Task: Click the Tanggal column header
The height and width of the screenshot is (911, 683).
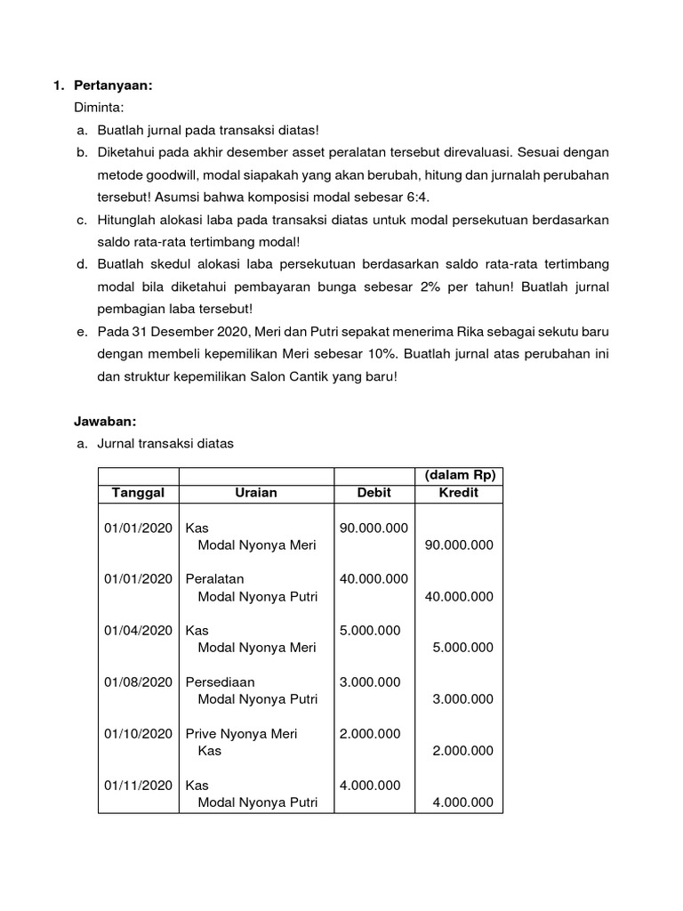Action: click(x=138, y=493)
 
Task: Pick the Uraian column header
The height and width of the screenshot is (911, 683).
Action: click(x=256, y=493)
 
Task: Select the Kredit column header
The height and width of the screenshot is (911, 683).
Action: click(x=459, y=493)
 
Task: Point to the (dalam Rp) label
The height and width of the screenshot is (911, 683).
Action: click(x=459, y=476)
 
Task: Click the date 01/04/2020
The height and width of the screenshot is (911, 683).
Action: click(x=138, y=630)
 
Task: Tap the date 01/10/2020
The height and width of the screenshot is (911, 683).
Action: click(x=138, y=733)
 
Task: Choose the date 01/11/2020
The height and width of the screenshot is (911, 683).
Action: click(x=138, y=785)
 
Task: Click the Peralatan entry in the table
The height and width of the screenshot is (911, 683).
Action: click(x=214, y=578)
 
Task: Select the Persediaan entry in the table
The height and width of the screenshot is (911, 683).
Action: click(x=220, y=681)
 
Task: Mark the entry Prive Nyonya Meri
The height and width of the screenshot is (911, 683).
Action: click(x=241, y=733)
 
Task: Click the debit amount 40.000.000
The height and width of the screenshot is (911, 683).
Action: click(x=374, y=578)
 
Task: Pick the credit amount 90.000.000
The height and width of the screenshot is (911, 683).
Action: click(x=459, y=544)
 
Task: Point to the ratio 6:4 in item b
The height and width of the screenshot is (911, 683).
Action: click(x=424, y=198)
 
